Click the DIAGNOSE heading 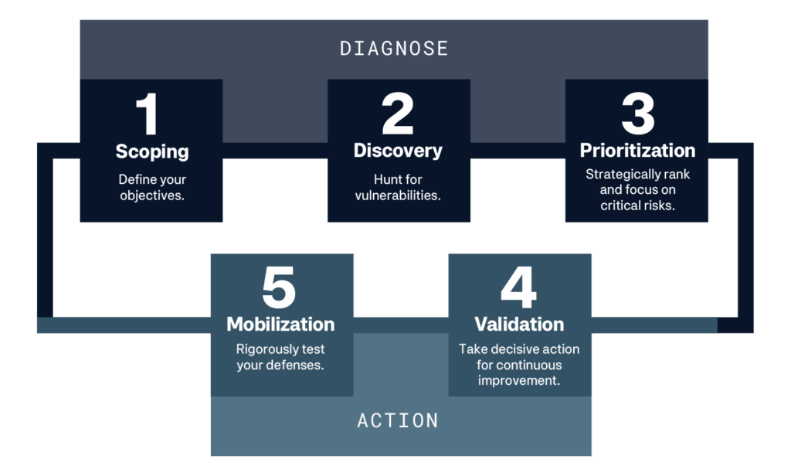[394, 49]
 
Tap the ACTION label [398, 420]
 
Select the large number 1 [148, 114]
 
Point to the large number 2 [398, 114]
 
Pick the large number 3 [637, 114]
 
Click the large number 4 [518, 287]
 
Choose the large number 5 [279, 287]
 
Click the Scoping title [152, 152]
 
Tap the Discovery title [398, 151]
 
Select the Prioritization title [637, 151]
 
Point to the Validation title [519, 324]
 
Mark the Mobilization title [280, 324]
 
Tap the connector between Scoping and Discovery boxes [275, 151]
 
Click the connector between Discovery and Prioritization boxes [518, 151]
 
